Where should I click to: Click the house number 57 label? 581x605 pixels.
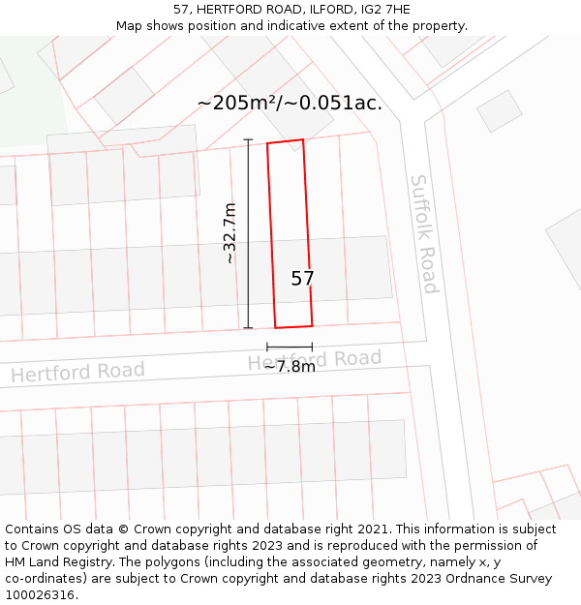coord(302,279)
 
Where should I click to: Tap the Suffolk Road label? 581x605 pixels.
coord(424,233)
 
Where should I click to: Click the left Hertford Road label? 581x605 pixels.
coord(77,372)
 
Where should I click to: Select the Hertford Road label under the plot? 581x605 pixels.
coord(315,360)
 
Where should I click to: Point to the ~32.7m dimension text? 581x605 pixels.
coord(229,233)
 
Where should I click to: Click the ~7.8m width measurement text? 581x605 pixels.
coord(290,367)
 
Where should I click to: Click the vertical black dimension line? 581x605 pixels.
coord(248,233)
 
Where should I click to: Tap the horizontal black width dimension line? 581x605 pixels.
coord(290,347)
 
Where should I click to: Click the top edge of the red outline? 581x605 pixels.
coord(286,142)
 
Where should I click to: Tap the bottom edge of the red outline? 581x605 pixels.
coord(293,326)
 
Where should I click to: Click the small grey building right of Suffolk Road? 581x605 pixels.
coord(500,110)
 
